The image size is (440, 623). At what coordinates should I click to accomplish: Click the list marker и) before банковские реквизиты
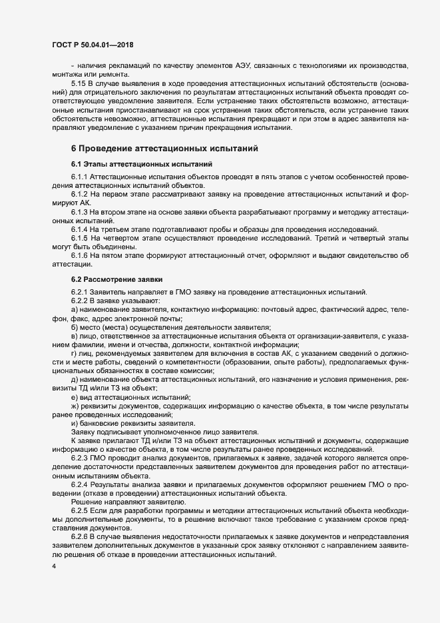(x=74, y=423)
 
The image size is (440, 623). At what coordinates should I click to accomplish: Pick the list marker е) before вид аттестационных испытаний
(x=74, y=397)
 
